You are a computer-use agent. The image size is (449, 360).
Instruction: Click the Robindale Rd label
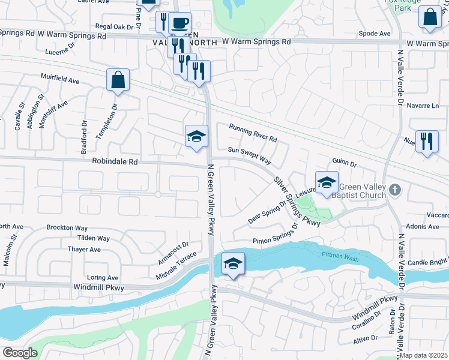coord(115,161)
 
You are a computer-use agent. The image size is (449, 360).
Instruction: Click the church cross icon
coord(394,190)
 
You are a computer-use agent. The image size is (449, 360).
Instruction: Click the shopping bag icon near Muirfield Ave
coord(118,80)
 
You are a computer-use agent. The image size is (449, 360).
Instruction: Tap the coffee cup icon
coord(179,23)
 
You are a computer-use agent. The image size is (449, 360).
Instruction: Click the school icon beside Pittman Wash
coord(232,263)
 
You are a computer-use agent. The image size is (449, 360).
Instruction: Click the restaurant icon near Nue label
coord(427,142)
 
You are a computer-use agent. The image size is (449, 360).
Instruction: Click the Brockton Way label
coord(67,228)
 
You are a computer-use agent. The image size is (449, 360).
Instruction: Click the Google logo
coord(20,352)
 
